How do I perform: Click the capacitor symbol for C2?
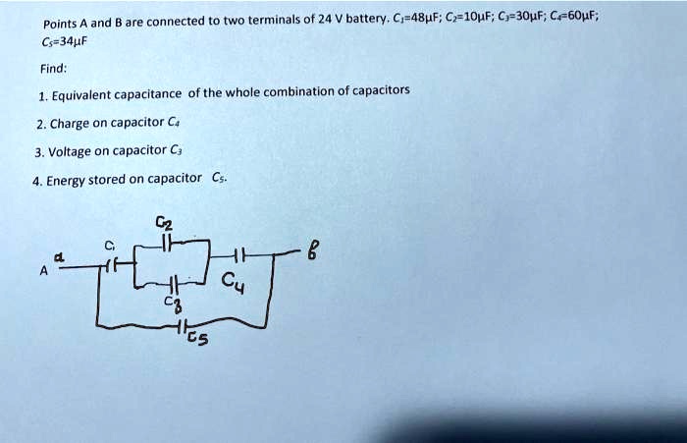(167, 241)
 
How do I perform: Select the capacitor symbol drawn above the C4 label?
(237, 257)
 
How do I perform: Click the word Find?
(52, 70)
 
